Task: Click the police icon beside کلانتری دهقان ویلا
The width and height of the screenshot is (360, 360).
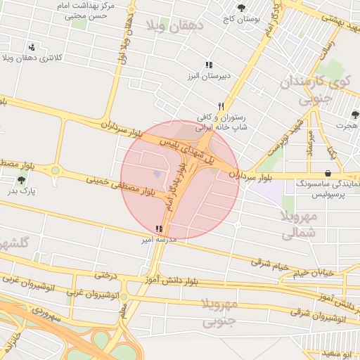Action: [31, 46]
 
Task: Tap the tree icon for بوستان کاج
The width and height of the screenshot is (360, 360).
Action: [242, 8]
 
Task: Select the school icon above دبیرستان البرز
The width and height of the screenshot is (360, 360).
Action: [209, 65]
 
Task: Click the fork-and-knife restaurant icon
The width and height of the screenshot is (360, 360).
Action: [221, 106]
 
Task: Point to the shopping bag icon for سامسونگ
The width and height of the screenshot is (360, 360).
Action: [328, 173]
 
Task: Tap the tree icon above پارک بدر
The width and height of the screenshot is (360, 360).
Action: [22, 180]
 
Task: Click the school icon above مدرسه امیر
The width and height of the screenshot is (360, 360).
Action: [159, 229]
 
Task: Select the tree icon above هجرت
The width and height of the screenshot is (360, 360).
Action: [354, 115]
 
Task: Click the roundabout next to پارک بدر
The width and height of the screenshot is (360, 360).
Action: [55, 170]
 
